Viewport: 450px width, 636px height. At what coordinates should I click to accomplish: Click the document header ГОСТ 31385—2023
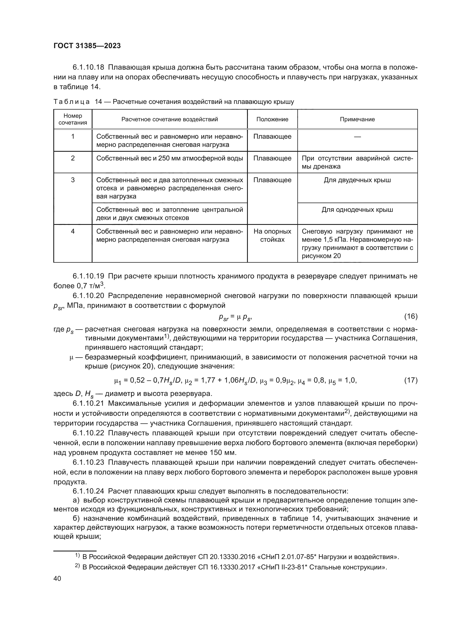[87, 46]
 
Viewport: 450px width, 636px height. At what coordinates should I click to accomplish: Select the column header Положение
[272, 119]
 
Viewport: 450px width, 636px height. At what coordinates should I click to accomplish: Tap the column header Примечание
[357, 119]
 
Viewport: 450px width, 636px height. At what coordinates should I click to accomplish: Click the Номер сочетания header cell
[73, 119]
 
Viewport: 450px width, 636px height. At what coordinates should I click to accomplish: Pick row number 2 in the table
[73, 158]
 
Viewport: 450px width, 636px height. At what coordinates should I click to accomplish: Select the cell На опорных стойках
[272, 235]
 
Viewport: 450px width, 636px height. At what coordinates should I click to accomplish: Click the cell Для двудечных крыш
[357, 180]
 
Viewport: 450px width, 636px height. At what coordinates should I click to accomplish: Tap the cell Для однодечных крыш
[357, 210]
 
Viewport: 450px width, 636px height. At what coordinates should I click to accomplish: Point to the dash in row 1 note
[357, 136]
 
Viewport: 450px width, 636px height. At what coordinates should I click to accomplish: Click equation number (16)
[411, 316]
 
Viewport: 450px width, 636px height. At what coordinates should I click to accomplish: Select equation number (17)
[411, 380]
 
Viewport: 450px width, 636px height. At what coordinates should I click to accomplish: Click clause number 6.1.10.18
[88, 67]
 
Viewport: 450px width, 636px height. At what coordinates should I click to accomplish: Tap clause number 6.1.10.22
[88, 433]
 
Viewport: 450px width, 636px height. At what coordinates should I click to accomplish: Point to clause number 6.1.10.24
[88, 491]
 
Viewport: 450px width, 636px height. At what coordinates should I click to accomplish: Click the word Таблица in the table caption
[72, 102]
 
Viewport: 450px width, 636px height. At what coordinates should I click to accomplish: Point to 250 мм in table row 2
[170, 158]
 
